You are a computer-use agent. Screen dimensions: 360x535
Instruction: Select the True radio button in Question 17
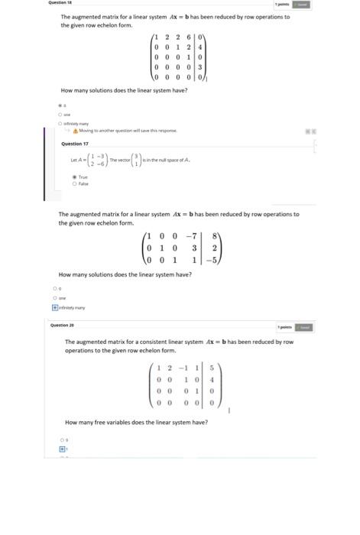coord(74,177)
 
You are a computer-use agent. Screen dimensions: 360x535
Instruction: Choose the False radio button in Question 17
coord(74,183)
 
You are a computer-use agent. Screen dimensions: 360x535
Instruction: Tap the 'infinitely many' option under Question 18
coord(60,123)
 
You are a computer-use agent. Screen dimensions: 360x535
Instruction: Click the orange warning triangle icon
coord(76,131)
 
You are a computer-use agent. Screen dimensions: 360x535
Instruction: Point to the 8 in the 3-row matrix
coord(216,236)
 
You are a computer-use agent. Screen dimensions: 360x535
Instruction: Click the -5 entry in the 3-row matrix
coord(214,260)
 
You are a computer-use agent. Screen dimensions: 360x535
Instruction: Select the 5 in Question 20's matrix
coord(211,368)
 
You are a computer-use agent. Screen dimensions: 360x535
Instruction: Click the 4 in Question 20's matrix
coord(211,378)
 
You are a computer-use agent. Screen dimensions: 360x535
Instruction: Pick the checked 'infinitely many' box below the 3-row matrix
coord(54,307)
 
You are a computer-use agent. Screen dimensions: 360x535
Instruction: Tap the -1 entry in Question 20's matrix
coord(183,368)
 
